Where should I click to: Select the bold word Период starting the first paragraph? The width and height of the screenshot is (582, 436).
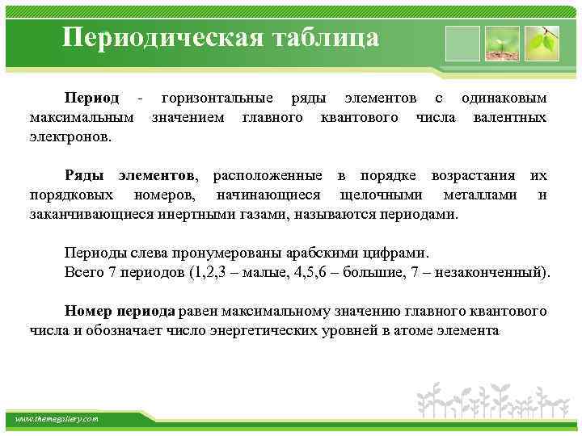pos(92,99)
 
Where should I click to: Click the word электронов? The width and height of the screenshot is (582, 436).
pos(70,137)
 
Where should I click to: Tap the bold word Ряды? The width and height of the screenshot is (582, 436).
pos(86,175)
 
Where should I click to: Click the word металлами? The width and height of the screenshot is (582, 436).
pos(481,195)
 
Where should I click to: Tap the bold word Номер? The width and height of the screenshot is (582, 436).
pos(86,311)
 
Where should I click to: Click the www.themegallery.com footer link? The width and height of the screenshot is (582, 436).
pos(57,419)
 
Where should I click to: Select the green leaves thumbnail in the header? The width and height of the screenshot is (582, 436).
pos(541,42)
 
